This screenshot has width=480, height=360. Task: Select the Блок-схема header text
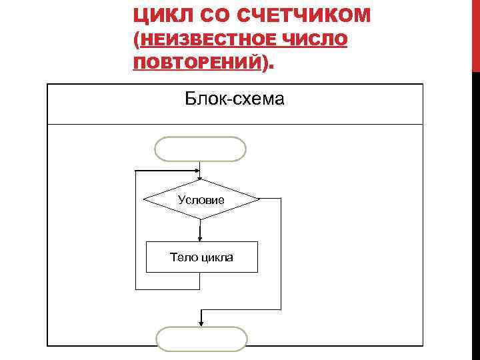pyautogui.click(x=235, y=100)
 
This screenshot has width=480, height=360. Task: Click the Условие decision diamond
pyautogui.click(x=201, y=199)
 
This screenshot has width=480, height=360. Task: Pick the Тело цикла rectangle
pyautogui.click(x=201, y=257)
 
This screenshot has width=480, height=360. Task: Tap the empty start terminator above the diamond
pyautogui.click(x=200, y=149)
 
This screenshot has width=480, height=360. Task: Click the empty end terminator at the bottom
pyautogui.click(x=201, y=339)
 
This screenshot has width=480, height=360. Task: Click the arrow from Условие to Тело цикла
pyautogui.click(x=200, y=231)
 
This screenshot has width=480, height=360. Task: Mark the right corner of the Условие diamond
pyautogui.click(x=257, y=199)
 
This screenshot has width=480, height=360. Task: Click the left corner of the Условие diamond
pyautogui.click(x=145, y=199)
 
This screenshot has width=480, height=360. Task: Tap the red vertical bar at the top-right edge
pyautogui.click(x=475, y=33)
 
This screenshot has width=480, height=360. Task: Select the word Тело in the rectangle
pyautogui.click(x=182, y=257)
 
